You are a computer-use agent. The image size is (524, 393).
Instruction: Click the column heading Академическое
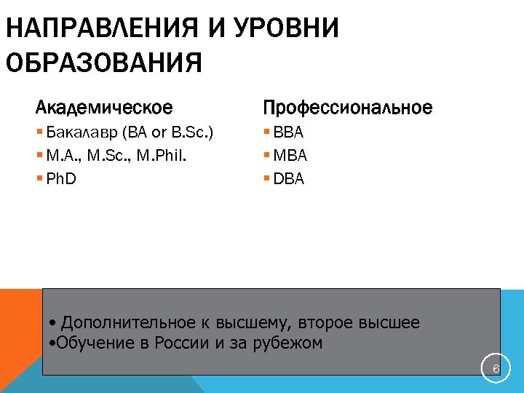(x=104, y=108)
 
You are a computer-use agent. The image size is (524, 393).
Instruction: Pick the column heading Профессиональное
(x=347, y=108)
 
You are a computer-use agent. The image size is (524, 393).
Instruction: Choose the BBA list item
(x=289, y=133)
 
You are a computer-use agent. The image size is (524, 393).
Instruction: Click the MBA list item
(x=290, y=156)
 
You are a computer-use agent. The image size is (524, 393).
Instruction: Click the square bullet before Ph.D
(x=39, y=178)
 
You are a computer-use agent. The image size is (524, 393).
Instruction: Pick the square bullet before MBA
(x=267, y=156)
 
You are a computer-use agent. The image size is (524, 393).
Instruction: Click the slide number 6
(x=496, y=370)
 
